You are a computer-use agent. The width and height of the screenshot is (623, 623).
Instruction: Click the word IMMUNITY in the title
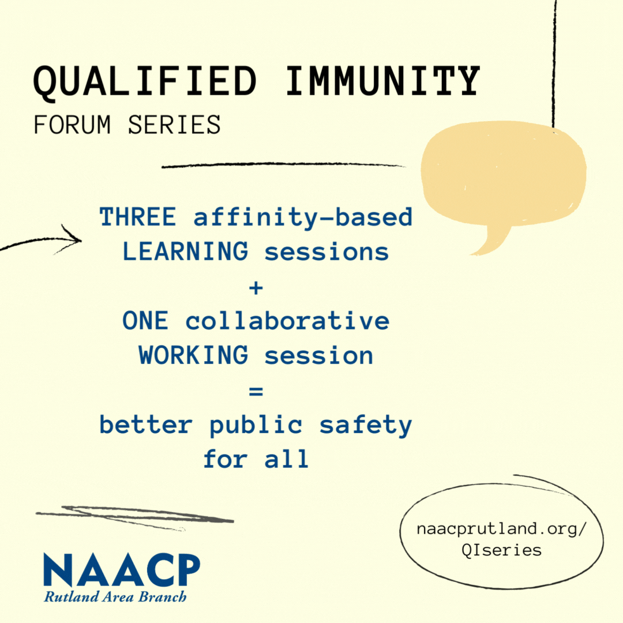pyautogui.click(x=383, y=81)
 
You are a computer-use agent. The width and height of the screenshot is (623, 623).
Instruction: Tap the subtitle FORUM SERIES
pyautogui.click(x=127, y=125)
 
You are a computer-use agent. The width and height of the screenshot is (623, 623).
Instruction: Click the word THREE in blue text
pyautogui.click(x=138, y=217)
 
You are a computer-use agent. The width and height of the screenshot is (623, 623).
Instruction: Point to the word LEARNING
pyautogui.click(x=185, y=252)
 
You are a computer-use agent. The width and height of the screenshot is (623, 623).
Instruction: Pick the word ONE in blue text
pyautogui.click(x=145, y=321)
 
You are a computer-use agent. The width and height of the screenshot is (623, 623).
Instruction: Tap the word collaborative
pyautogui.click(x=287, y=321)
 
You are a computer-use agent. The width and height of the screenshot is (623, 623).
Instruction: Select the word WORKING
pyautogui.click(x=193, y=355)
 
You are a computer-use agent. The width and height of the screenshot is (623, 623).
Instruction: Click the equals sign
pyautogui.click(x=256, y=391)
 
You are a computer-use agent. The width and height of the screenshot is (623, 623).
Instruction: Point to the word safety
pyautogui.click(x=366, y=425)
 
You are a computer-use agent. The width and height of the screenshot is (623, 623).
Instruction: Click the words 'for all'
pyautogui.click(x=256, y=460)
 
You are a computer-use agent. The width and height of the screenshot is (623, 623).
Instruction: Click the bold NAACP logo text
pyautogui.click(x=122, y=571)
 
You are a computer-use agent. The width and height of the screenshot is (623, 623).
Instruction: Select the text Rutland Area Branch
pyautogui.click(x=115, y=597)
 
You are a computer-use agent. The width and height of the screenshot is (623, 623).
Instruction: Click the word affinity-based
pyautogui.click(x=303, y=217)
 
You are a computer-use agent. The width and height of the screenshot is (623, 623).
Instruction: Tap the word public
pyautogui.click(x=256, y=425)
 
